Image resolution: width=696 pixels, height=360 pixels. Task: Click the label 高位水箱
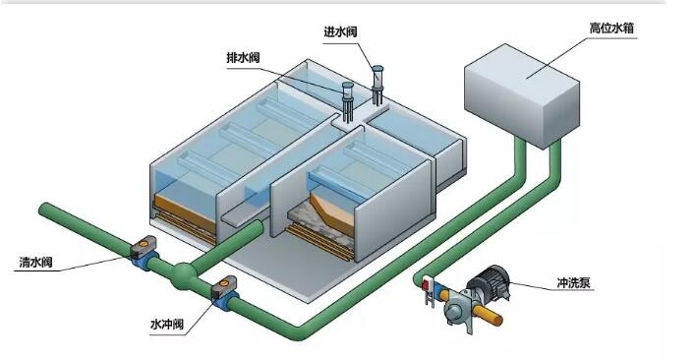(x=611, y=29)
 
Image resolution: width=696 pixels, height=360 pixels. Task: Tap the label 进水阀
(x=340, y=31)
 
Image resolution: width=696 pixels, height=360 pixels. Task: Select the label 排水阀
(x=243, y=58)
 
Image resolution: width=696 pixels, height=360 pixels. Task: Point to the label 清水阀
(x=35, y=263)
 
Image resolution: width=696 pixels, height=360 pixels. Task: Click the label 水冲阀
(x=167, y=325)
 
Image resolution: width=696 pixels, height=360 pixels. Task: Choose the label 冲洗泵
(x=573, y=282)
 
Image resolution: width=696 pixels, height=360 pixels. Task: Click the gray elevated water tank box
(x=522, y=95)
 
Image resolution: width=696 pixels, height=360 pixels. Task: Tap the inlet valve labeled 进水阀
(x=377, y=85)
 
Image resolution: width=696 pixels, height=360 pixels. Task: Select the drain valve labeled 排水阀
(x=348, y=101)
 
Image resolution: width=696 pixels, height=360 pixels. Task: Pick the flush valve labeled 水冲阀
(x=224, y=293)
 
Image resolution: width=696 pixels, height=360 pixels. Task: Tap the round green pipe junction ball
(x=183, y=276)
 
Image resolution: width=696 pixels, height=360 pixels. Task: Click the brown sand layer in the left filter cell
(x=182, y=210)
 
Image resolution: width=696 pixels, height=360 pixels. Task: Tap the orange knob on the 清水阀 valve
(x=145, y=243)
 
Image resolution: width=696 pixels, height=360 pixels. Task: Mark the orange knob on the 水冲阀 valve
(x=224, y=282)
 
